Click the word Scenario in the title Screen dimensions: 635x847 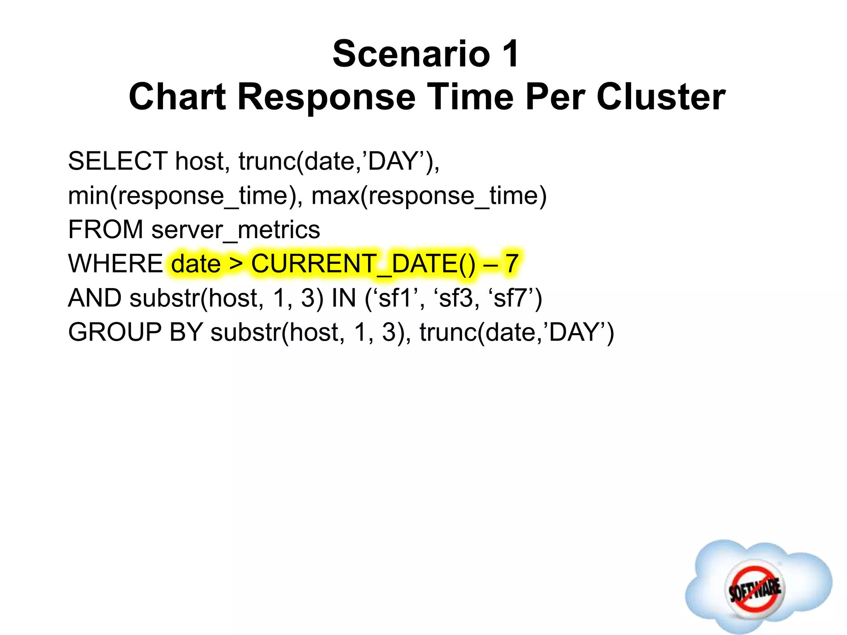411,54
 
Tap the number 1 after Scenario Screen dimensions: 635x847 510,54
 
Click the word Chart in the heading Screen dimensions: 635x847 177,97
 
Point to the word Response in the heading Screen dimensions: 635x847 326,97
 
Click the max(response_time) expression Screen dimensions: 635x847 429,196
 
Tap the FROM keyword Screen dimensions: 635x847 105,230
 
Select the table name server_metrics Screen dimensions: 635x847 235,230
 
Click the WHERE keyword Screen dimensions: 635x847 116,264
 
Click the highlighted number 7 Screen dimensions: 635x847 512,264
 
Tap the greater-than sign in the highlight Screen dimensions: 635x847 236,264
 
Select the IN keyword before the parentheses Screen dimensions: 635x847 344,298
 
